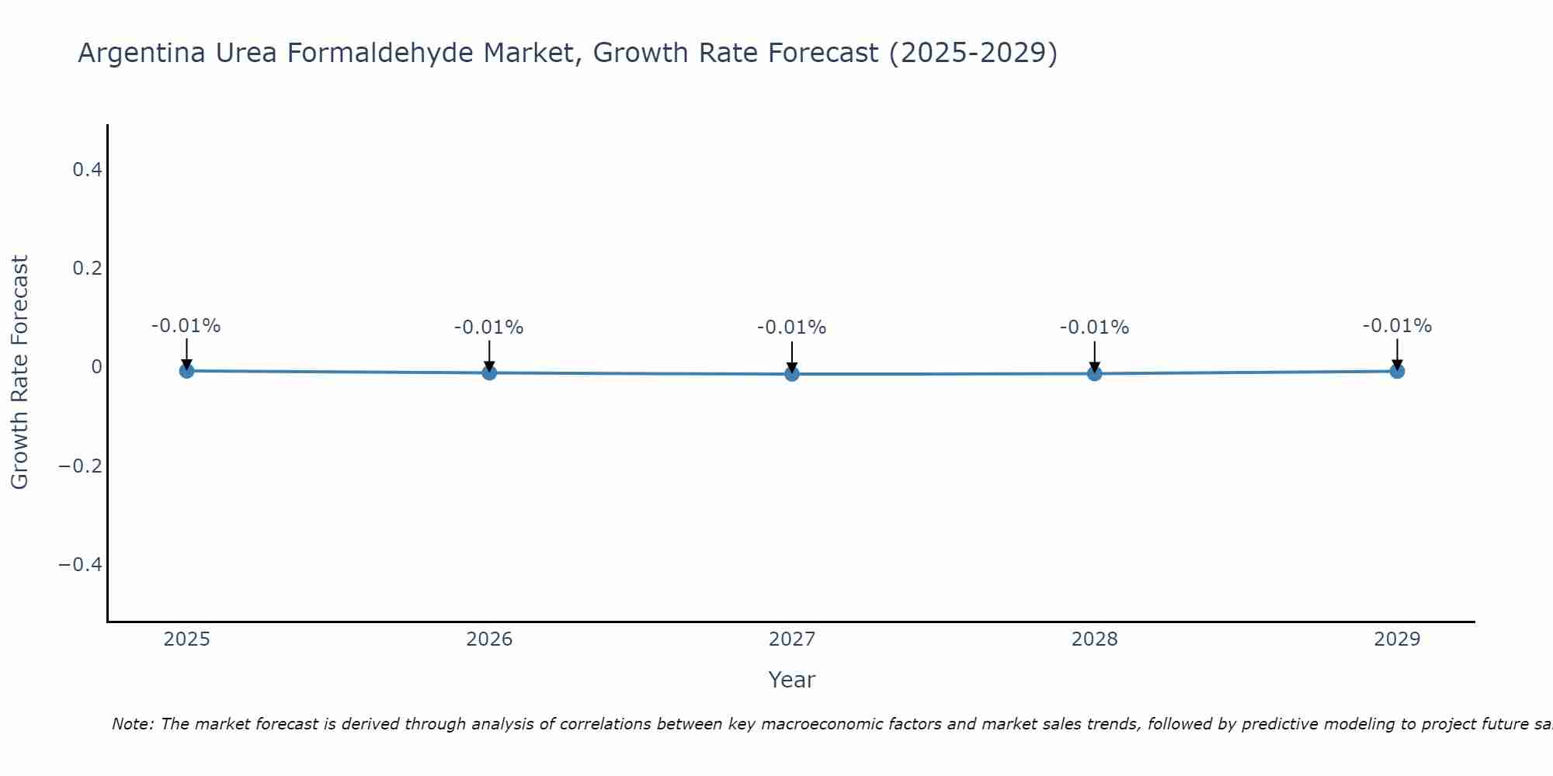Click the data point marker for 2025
click(186, 371)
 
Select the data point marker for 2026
click(489, 372)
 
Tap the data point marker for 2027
click(792, 374)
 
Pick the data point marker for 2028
click(1095, 373)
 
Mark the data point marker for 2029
click(1397, 371)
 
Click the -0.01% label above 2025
click(186, 326)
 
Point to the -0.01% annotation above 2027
click(791, 327)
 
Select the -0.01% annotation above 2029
click(1397, 326)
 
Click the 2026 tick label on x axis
click(489, 639)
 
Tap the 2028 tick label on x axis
click(1095, 639)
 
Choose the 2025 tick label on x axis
click(187, 639)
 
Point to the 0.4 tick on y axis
click(87, 169)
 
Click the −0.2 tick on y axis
click(81, 466)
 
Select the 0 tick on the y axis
click(96, 366)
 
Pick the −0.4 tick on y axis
click(81, 564)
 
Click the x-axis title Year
click(791, 680)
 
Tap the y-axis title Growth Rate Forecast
click(19, 372)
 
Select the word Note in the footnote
click(133, 724)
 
